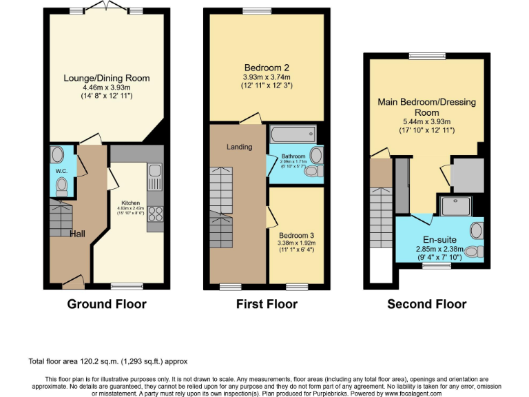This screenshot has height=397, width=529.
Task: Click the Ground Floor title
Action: click(106, 304)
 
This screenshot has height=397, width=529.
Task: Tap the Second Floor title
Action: click(426, 304)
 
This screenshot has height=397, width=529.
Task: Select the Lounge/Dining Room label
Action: click(107, 78)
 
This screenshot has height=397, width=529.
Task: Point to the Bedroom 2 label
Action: click(267, 68)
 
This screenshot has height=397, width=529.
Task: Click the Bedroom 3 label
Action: click(297, 235)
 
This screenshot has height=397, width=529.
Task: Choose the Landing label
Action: click(239, 147)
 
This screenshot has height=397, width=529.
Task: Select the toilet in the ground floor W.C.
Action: click(61, 185)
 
